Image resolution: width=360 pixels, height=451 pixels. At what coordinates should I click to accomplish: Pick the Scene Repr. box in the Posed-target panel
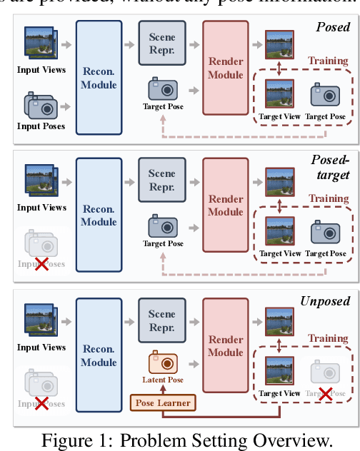(161, 178)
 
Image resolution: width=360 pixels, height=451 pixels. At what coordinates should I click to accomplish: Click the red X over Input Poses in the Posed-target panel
(41, 264)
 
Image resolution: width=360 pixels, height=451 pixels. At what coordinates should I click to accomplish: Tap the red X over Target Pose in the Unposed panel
(325, 393)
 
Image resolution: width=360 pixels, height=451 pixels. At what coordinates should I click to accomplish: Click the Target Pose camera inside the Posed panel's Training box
(325, 95)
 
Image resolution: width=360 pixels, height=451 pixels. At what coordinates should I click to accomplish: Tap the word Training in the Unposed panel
(328, 338)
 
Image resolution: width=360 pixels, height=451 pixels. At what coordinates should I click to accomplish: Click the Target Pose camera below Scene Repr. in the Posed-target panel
(162, 227)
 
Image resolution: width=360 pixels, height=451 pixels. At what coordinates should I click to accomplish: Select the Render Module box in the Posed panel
(225, 67)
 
